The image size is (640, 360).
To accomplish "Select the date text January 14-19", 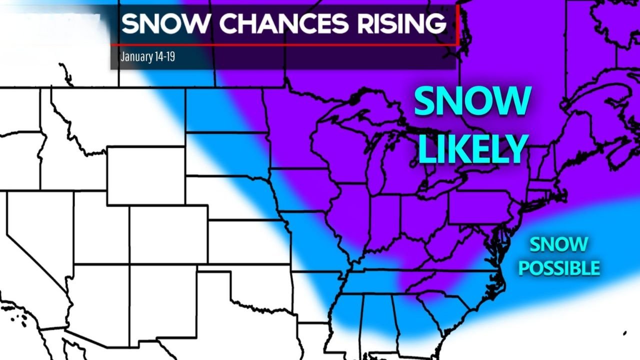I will (x=147, y=56).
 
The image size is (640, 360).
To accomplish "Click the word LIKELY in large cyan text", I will (x=472, y=149).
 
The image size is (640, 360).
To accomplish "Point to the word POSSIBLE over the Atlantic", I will (x=559, y=268).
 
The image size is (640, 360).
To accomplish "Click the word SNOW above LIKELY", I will (x=472, y=101).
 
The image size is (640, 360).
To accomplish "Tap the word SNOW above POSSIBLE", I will (x=558, y=245).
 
